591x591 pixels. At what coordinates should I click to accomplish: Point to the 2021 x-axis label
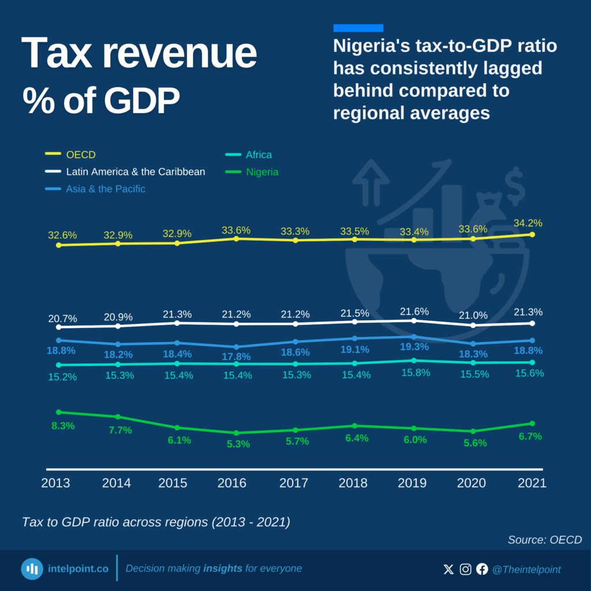pos(532,483)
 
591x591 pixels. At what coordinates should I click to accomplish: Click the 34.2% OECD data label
pos(528,223)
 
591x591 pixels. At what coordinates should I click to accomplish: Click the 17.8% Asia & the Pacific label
pos(237,357)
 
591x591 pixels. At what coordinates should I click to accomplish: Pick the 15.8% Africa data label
pos(416,373)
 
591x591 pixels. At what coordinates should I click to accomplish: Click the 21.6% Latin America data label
pos(414,311)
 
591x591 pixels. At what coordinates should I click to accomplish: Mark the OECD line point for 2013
pos(59,245)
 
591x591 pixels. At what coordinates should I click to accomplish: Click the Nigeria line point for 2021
pos(532,424)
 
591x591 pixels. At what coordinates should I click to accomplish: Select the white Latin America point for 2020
pos(473,326)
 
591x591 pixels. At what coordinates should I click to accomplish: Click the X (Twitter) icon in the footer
pos(448,570)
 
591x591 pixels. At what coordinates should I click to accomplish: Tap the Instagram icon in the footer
pos(465,570)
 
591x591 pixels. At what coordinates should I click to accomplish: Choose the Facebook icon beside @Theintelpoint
pos(482,570)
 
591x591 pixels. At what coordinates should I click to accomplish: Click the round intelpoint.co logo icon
pos(32,569)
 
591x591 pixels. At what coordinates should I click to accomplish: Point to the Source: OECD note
pos(544,540)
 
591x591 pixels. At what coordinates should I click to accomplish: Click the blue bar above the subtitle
pos(358,28)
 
